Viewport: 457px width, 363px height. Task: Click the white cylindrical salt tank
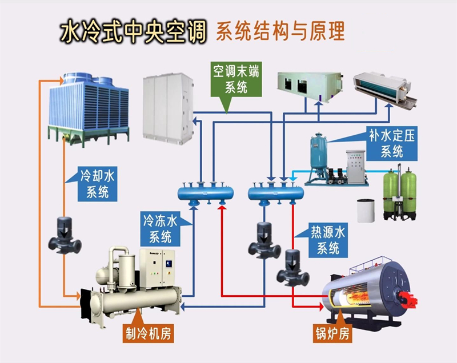click(365, 211)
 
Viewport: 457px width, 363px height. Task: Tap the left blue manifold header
click(205, 192)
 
